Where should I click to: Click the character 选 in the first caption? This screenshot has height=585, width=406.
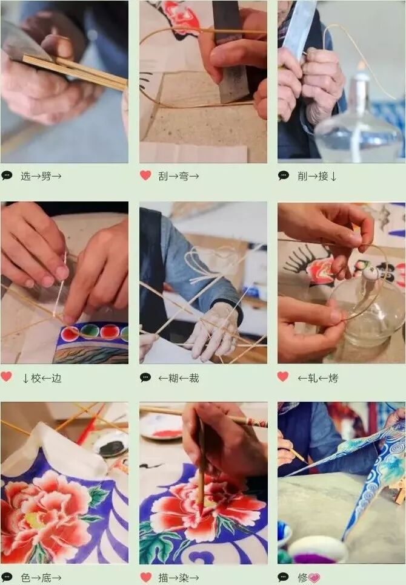click(x=25, y=176)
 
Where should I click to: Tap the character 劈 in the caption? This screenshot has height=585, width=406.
click(x=46, y=176)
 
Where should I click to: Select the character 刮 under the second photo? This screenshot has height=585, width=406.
click(x=163, y=176)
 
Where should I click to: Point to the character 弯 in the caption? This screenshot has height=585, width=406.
click(x=184, y=176)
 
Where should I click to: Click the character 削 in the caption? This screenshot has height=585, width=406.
click(x=302, y=176)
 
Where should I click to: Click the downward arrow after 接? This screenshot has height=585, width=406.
click(x=333, y=177)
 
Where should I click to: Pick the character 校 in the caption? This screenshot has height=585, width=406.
click(x=36, y=378)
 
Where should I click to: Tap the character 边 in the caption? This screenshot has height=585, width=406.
click(x=56, y=378)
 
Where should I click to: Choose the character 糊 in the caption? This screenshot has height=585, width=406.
click(x=173, y=378)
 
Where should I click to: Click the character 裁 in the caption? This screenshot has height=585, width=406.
click(x=194, y=378)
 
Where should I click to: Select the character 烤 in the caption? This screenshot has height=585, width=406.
click(x=333, y=378)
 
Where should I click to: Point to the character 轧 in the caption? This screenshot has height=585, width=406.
click(x=313, y=378)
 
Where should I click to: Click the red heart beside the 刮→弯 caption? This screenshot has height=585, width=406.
click(x=145, y=175)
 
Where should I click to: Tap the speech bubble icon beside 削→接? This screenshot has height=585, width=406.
click(x=284, y=175)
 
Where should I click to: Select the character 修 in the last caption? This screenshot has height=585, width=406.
click(x=302, y=578)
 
